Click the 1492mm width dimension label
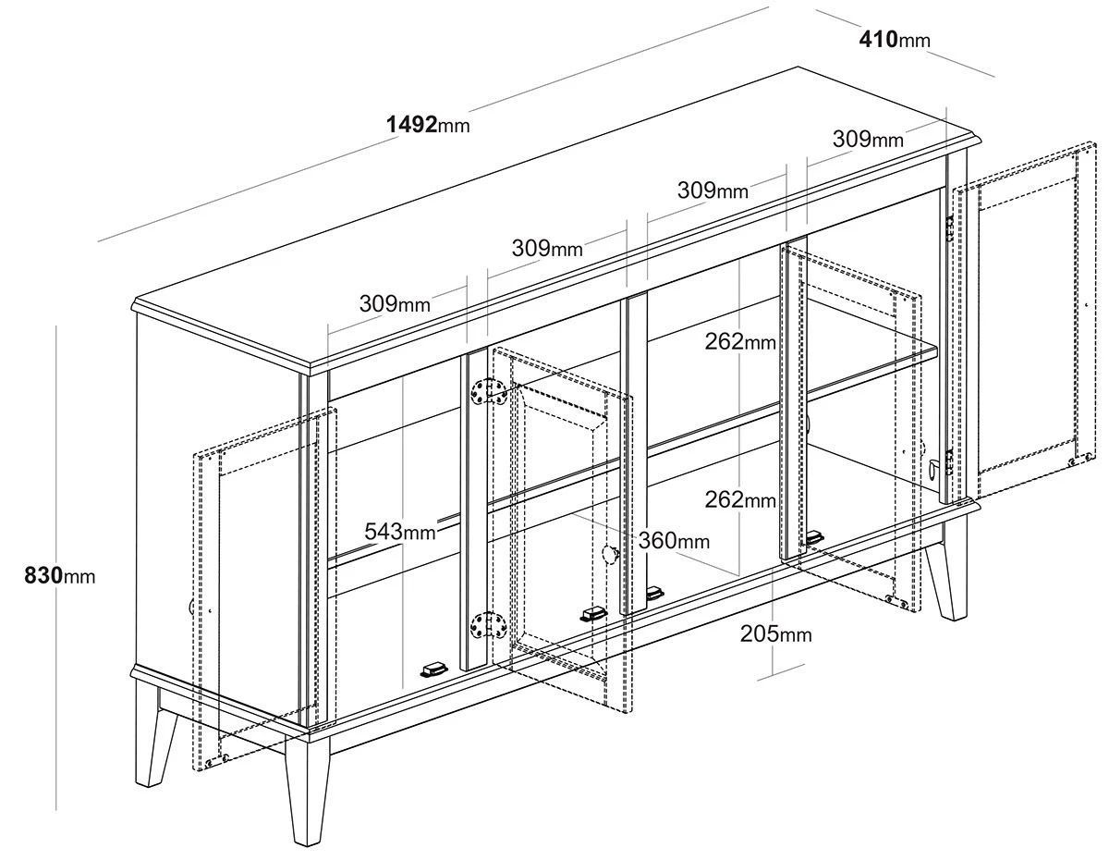pyautogui.click(x=428, y=124)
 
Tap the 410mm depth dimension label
pyautogui.click(x=895, y=40)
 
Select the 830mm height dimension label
pyautogui.click(x=60, y=575)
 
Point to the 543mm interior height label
pyautogui.click(x=399, y=532)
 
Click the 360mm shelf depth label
pyautogui.click(x=674, y=541)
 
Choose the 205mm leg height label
pyautogui.click(x=775, y=634)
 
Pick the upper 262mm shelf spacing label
pyautogui.click(x=740, y=341)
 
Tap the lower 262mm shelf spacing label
pyautogui.click(x=740, y=499)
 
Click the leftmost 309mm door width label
pyautogui.click(x=395, y=304)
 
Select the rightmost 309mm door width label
pyautogui.click(x=868, y=139)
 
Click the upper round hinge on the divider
pyautogui.click(x=488, y=393)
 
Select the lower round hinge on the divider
pyautogui.click(x=488, y=625)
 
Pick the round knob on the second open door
pyautogui.click(x=610, y=554)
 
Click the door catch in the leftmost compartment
pyautogui.click(x=433, y=670)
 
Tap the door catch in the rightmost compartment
pyautogui.click(x=814, y=537)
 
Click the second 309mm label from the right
pyautogui.click(x=713, y=190)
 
